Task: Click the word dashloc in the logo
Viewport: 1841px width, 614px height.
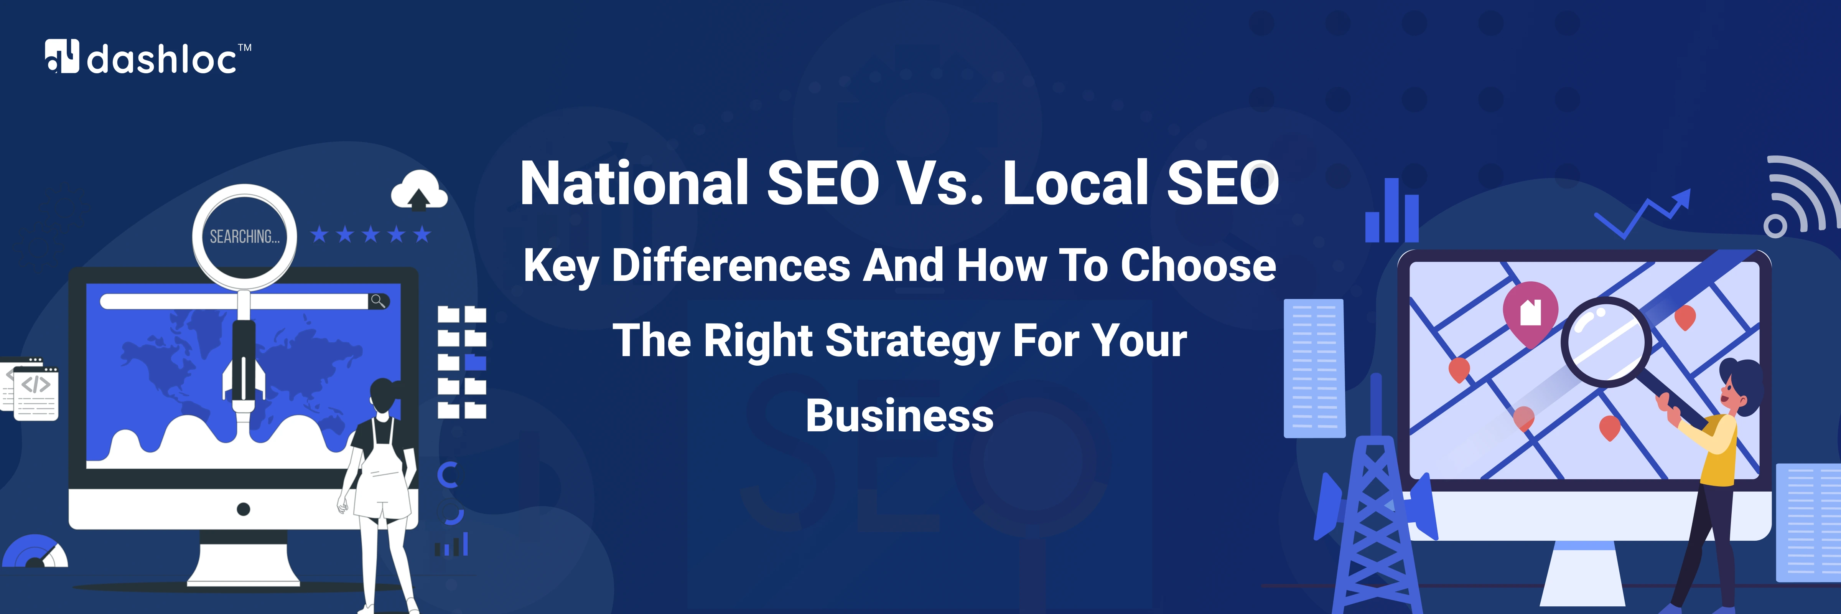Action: point(161,59)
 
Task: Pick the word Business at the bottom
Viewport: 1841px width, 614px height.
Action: point(899,416)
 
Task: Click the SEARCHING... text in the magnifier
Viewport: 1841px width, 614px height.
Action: point(244,237)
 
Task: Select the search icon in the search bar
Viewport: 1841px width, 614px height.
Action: point(378,301)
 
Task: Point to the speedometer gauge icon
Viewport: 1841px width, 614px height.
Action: point(34,553)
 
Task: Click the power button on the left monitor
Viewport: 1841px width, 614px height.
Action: point(243,509)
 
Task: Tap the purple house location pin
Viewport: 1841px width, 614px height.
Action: point(1530,312)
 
